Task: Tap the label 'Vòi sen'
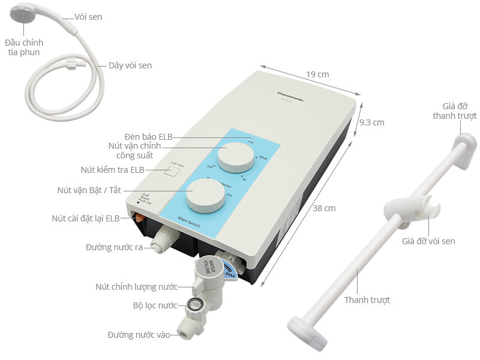pyautogui.click(x=88, y=17)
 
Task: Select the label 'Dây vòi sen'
pyautogui.click(x=130, y=65)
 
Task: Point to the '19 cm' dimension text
pyautogui.click(x=317, y=74)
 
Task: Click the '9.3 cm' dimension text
pyautogui.click(x=371, y=122)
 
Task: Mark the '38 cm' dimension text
pyautogui.click(x=324, y=208)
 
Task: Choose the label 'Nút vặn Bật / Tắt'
pyautogui.click(x=89, y=190)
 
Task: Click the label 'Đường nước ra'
pyautogui.click(x=114, y=247)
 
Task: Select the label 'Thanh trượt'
pyautogui.click(x=367, y=300)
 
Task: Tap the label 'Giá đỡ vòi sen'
pyautogui.click(x=428, y=241)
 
